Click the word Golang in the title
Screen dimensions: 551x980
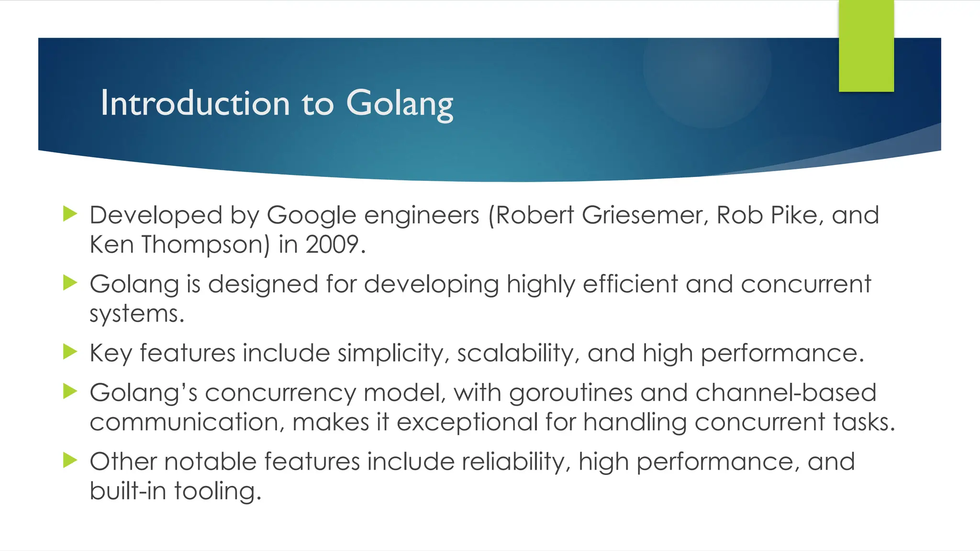pyautogui.click(x=400, y=104)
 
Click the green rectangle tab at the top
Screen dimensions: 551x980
pyautogui.click(x=866, y=46)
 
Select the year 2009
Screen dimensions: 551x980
pyautogui.click(x=332, y=244)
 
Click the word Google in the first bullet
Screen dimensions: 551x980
pyautogui.click(x=312, y=215)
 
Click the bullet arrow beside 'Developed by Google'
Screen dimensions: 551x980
pyautogui.click(x=70, y=214)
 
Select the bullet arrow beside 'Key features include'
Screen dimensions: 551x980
pyautogui.click(x=70, y=352)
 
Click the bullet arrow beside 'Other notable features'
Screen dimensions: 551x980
pyautogui.click(x=70, y=461)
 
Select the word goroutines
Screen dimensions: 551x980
pyautogui.click(x=571, y=393)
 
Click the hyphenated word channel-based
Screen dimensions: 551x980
pyautogui.click(x=786, y=393)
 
